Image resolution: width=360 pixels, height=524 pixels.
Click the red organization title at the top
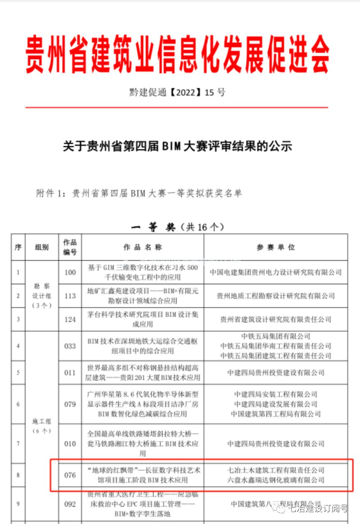pyautogui.click(x=177, y=54)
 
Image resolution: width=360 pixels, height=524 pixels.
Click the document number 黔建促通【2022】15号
pyautogui.click(x=177, y=93)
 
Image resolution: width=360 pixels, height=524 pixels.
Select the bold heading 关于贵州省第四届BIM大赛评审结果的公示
pyautogui.click(x=177, y=146)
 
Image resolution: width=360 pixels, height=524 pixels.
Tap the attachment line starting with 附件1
pyautogui.click(x=139, y=193)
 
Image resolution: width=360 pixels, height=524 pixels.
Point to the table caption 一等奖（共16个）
pyautogui.click(x=177, y=227)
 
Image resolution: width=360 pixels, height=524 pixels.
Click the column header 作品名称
pyautogui.click(x=142, y=247)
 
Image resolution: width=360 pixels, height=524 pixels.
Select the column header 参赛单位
pyautogui.click(x=275, y=247)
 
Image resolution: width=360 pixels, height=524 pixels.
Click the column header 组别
pyautogui.click(x=42, y=247)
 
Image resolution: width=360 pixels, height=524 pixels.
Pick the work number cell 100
pyautogui.click(x=70, y=272)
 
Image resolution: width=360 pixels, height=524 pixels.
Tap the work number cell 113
pyautogui.click(x=70, y=296)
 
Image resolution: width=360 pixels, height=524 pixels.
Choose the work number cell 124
pyautogui.click(x=70, y=319)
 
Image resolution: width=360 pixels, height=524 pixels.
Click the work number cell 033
pyautogui.click(x=70, y=346)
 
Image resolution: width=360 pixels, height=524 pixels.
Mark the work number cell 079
pyautogui.click(x=70, y=404)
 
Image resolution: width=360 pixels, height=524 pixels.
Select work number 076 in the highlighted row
pyautogui.click(x=70, y=475)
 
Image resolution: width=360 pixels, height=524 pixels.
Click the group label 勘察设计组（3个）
pyautogui.click(x=42, y=296)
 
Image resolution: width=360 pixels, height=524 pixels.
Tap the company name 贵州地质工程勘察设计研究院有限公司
pyautogui.click(x=275, y=296)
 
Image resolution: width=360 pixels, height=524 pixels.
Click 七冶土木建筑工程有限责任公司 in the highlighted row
pyautogui.click(x=275, y=470)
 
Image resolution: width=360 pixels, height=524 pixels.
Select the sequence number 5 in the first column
pyautogui.click(x=18, y=372)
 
